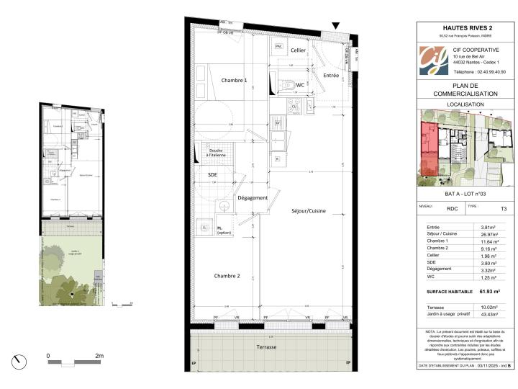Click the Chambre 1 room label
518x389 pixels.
234,80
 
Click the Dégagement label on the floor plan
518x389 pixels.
253,198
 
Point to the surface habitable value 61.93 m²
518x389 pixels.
490,292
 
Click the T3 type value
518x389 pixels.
503,209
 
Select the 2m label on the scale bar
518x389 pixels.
99,356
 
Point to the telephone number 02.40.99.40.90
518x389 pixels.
479,72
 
